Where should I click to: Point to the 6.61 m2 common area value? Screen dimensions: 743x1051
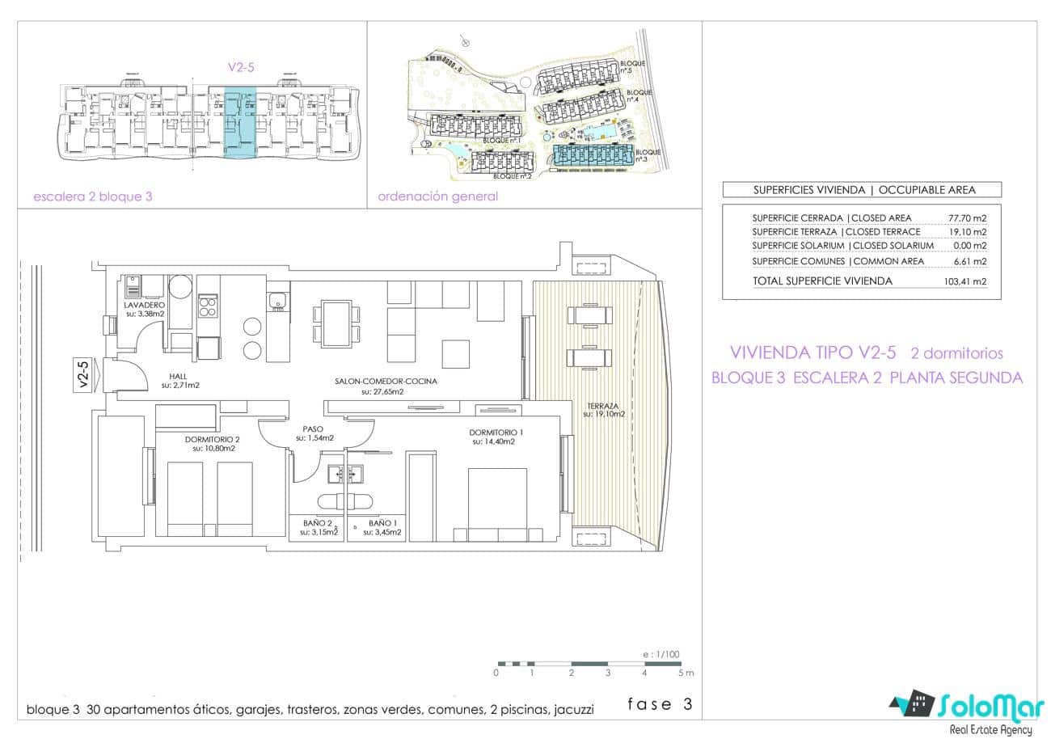point(970,261)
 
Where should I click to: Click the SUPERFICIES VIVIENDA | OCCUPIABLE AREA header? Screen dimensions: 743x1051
point(863,191)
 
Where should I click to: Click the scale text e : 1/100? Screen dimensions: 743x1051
point(661,654)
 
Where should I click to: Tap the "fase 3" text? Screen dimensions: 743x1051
point(661,704)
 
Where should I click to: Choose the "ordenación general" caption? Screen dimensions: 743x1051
point(437,196)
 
